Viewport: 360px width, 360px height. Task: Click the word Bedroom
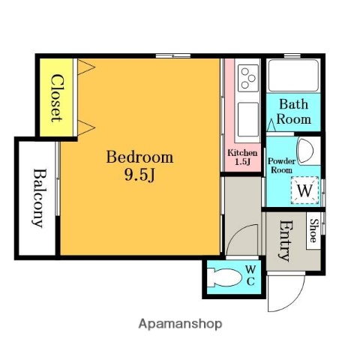click(139, 157)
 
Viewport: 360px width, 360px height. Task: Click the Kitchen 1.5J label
click(242, 157)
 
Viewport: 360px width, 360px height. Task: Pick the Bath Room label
click(294, 111)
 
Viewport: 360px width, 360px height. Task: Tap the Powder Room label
click(282, 165)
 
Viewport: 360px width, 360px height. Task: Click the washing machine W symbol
click(304, 190)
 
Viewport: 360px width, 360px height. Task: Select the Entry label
click(284, 239)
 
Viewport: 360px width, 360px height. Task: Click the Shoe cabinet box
click(313, 232)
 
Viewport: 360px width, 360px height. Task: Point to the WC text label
click(250, 275)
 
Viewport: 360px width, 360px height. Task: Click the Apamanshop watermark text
click(180, 324)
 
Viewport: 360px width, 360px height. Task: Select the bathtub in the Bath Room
click(294, 75)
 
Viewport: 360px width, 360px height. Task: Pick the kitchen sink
click(247, 116)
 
